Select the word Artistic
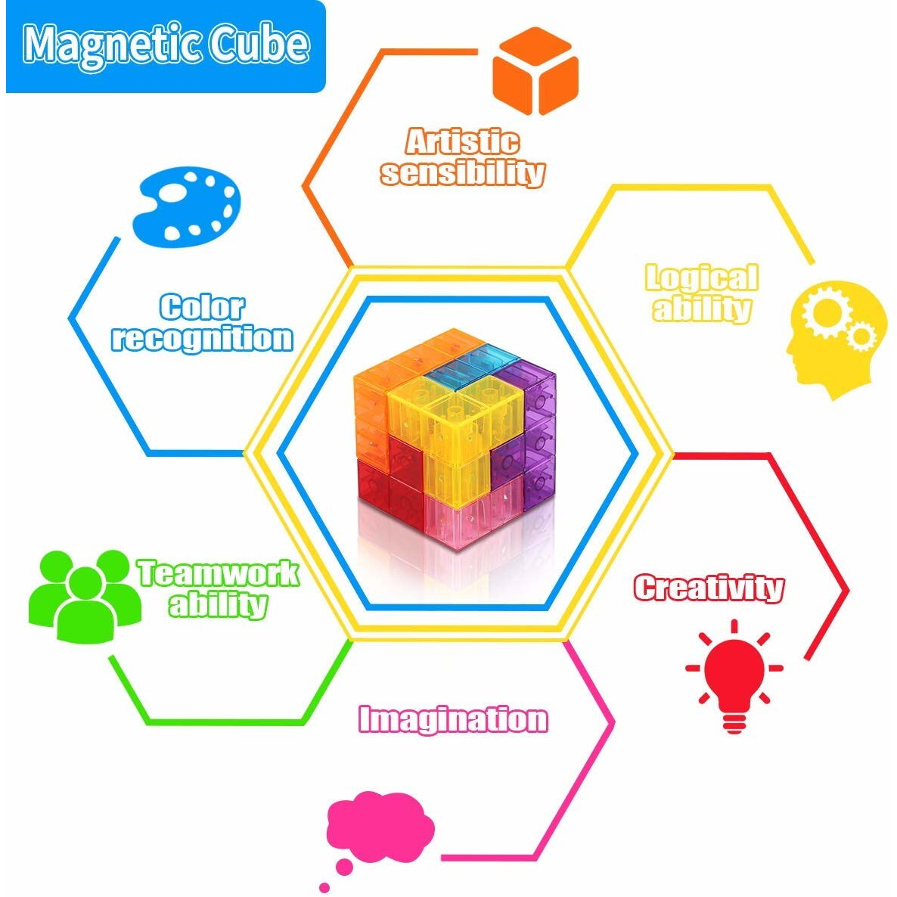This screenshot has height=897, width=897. tap(462, 141)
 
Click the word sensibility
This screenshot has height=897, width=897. tap(462, 173)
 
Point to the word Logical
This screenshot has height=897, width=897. tap(701, 278)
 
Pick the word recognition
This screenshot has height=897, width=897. tap(202, 338)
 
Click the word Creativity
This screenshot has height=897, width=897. tap(709, 588)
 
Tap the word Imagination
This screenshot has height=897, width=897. tap(453, 719)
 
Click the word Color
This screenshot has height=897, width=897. tap(202, 307)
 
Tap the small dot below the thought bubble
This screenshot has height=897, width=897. tap(325, 887)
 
